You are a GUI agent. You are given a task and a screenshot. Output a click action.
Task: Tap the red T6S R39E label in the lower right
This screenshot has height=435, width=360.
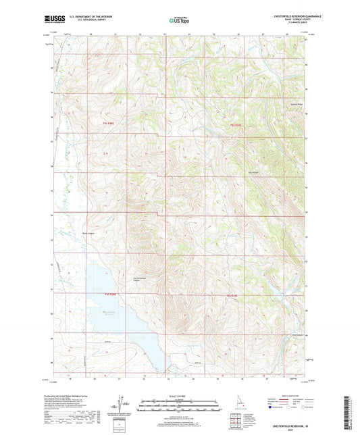(x=233, y=295)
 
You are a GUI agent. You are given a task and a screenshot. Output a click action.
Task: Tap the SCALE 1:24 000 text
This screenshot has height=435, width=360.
(x=180, y=395)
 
